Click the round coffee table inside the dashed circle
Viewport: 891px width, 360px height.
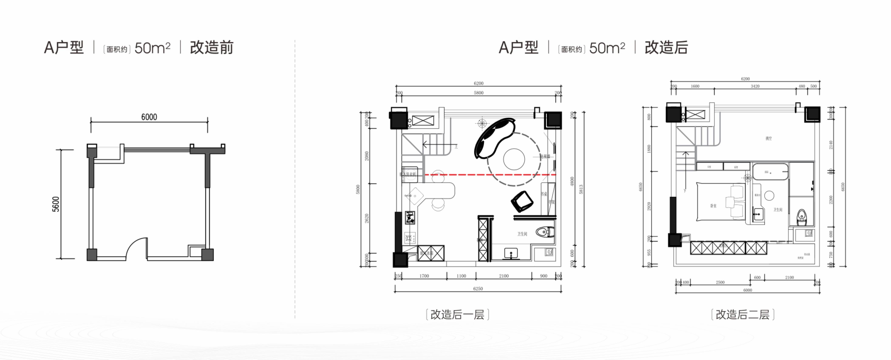514,159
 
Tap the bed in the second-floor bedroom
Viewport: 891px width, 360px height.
720,202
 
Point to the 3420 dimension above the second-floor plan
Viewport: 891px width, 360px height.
755,86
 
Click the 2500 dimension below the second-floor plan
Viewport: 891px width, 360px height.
720,282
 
